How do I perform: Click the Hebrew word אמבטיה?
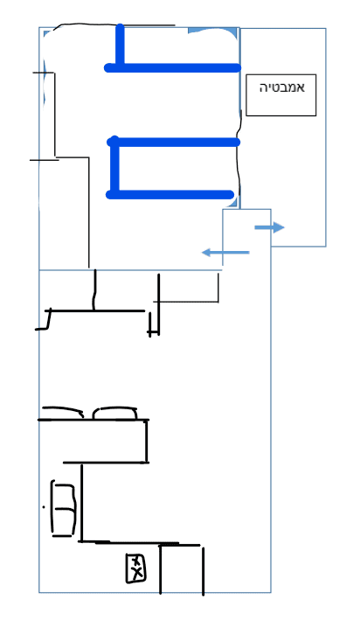[x=281, y=87]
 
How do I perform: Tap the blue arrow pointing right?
[x=269, y=227]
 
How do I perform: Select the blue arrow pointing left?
[x=225, y=252]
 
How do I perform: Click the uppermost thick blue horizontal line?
[x=172, y=68]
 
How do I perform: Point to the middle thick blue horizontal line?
[x=174, y=142]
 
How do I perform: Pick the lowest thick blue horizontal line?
[x=170, y=194]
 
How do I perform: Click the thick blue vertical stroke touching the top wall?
[x=120, y=45]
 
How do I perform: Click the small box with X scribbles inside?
[x=135, y=568]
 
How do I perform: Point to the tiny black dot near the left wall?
[x=44, y=506]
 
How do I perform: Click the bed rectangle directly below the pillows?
[x=147, y=441]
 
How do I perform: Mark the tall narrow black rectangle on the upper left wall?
[x=54, y=115]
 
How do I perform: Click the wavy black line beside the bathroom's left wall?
[x=239, y=158]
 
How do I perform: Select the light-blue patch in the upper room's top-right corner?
[x=212, y=31]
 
